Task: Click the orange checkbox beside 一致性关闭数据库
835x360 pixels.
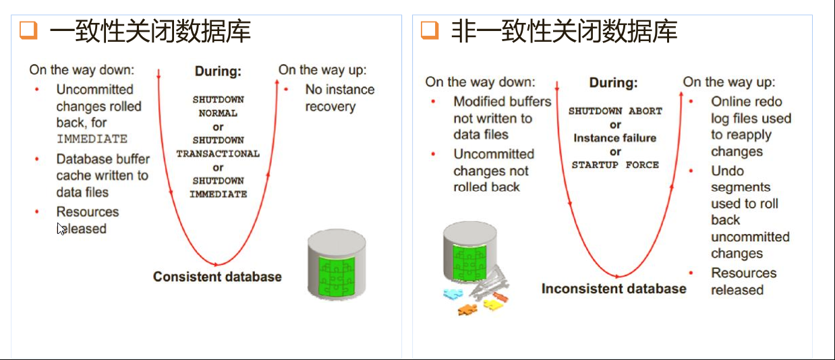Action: click(28, 30)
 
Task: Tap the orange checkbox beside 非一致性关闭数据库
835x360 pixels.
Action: click(430, 30)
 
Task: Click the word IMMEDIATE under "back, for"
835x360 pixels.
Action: click(92, 139)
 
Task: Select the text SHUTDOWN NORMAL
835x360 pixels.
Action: click(218, 107)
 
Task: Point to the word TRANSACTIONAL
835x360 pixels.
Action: click(218, 154)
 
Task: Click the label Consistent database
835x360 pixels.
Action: click(217, 276)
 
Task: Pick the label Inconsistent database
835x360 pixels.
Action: click(614, 289)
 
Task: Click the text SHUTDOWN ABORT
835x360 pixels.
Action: click(615, 111)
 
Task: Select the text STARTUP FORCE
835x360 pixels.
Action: click(615, 164)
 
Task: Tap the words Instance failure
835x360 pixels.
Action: click(615, 138)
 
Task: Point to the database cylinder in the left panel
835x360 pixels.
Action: click(337, 264)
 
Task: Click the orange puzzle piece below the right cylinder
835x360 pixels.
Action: click(467, 309)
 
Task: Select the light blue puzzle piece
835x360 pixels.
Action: click(453, 294)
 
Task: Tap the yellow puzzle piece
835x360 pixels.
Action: click(492, 305)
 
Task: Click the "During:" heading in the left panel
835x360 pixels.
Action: click(218, 71)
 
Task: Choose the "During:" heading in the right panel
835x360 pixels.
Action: click(613, 83)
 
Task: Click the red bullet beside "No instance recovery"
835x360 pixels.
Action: click(286, 90)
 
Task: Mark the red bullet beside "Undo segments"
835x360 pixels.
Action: click(691, 171)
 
